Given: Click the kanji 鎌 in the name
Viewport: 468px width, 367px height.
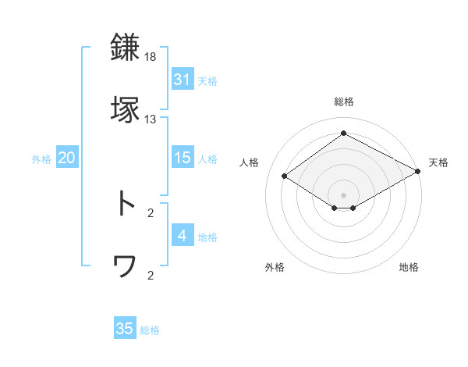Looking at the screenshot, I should point(126,48).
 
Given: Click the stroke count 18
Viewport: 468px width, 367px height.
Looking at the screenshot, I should point(151,58).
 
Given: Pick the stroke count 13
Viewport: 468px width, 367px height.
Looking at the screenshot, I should point(151,119).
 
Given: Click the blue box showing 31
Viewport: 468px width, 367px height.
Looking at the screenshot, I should point(182,79).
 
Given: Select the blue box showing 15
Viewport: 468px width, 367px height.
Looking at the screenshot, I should point(182,158).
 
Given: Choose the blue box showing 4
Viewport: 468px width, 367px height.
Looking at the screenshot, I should point(182,235).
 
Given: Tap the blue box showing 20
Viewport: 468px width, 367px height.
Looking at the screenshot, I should point(66,158).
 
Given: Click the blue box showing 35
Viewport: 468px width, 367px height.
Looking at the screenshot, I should point(124,329).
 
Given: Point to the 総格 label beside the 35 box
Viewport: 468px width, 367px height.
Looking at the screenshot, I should point(150,330).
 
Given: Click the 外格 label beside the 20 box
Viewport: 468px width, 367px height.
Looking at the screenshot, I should point(41,159).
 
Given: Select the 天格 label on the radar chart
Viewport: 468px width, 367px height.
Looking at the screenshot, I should point(438,162).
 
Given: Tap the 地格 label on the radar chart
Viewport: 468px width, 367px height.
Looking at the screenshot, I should point(409,267).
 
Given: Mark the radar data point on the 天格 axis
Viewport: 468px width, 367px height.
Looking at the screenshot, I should point(418,171).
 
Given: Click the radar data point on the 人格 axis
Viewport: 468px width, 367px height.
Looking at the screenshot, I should point(285,176).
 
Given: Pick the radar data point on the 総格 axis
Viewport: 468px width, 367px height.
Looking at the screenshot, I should point(343,134).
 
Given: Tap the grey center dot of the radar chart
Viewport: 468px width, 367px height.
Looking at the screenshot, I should point(343,194).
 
